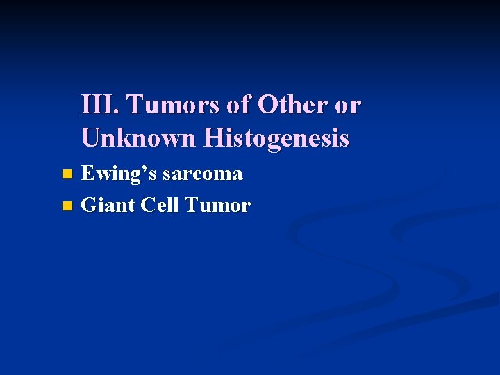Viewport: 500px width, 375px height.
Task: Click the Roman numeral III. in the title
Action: [x=101, y=105]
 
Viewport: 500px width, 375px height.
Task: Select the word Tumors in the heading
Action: [x=168, y=105]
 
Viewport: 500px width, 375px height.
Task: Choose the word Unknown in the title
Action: [x=139, y=138]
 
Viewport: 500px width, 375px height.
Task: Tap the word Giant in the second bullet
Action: [x=108, y=206]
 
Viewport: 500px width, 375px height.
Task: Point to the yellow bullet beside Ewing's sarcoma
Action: [x=67, y=174]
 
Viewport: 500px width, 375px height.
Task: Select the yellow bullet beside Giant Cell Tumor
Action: [x=67, y=206]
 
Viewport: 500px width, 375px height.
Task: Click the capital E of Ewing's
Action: [x=88, y=173]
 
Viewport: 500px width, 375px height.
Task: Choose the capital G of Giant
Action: [x=90, y=206]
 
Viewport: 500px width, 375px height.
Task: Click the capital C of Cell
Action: [x=148, y=206]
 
